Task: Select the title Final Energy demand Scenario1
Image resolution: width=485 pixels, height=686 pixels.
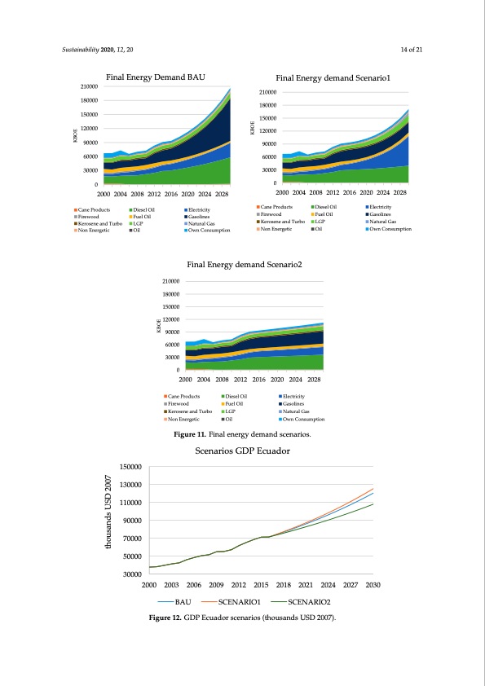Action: (x=333, y=78)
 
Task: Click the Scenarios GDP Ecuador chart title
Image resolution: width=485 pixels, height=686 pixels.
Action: (x=243, y=451)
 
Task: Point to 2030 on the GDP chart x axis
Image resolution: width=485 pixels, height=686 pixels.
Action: (x=373, y=585)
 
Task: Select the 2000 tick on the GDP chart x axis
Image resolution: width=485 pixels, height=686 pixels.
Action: (x=149, y=585)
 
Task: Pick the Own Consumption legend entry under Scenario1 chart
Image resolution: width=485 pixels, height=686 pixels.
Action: (x=390, y=229)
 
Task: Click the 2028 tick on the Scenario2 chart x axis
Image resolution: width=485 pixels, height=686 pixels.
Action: (x=314, y=380)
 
